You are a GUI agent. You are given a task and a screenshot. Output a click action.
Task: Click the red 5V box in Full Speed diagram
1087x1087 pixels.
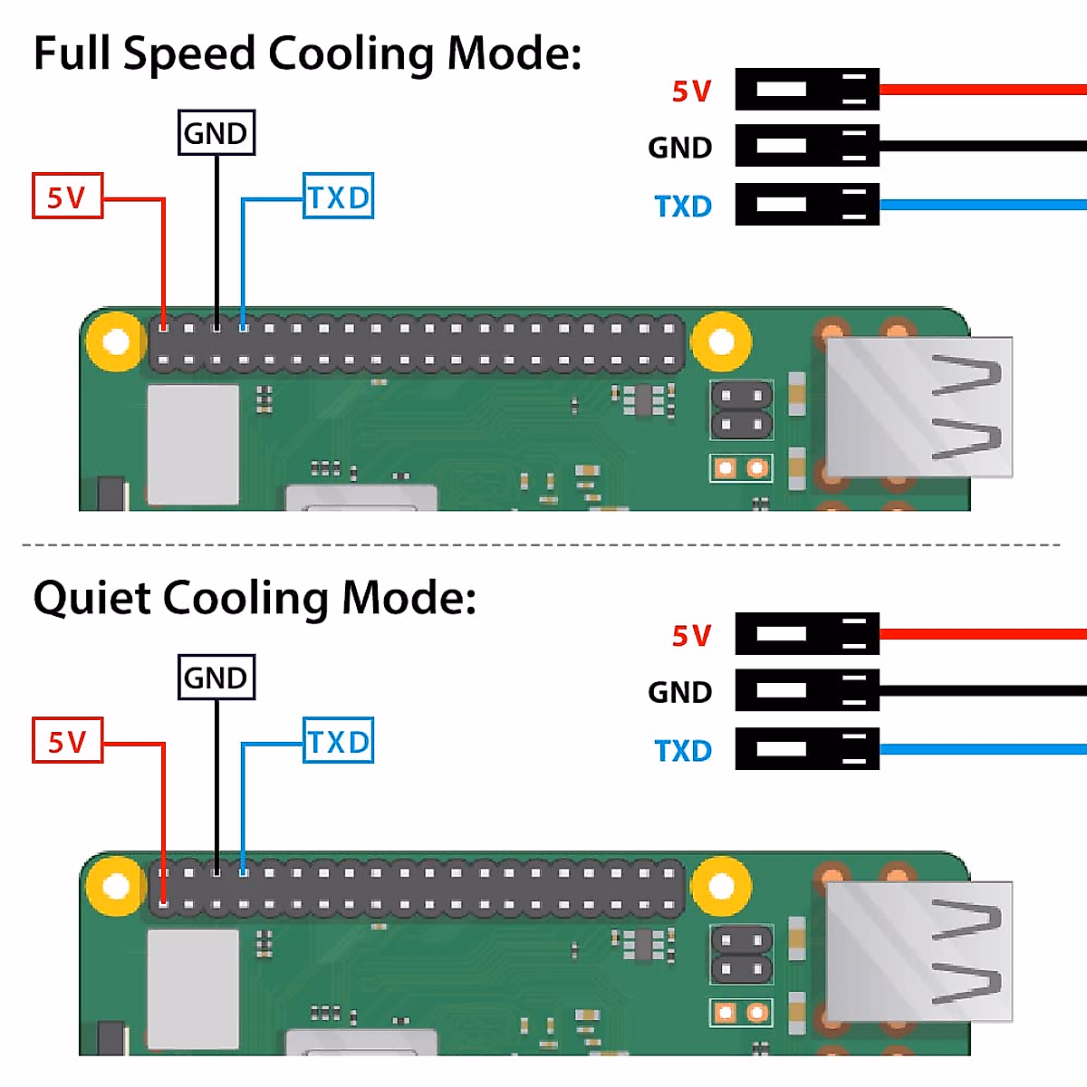(x=67, y=196)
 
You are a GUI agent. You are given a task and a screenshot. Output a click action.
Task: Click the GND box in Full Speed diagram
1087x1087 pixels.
(x=216, y=133)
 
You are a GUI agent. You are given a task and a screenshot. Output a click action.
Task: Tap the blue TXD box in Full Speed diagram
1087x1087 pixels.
(x=338, y=197)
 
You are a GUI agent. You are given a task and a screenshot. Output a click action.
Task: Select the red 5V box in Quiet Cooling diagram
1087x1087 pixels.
(x=67, y=740)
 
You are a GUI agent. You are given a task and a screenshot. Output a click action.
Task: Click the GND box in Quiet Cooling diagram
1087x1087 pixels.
(x=216, y=678)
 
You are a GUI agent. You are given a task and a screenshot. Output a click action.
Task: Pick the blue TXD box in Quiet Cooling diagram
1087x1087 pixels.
(x=338, y=741)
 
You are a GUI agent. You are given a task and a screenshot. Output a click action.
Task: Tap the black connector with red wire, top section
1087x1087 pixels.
(x=806, y=89)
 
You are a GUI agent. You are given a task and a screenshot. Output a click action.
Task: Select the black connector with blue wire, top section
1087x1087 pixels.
(x=806, y=204)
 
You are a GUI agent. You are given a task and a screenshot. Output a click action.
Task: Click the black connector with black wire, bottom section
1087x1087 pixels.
(x=806, y=690)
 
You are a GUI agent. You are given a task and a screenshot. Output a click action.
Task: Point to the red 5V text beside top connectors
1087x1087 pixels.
(x=691, y=91)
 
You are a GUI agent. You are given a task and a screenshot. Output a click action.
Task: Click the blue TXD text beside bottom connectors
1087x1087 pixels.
(x=683, y=751)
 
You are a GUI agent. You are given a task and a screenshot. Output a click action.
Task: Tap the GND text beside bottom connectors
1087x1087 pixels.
(x=679, y=693)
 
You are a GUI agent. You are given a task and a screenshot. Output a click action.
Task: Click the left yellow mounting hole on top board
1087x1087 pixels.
(x=116, y=342)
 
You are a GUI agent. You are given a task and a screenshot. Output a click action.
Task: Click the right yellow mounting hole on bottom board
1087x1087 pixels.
(x=722, y=886)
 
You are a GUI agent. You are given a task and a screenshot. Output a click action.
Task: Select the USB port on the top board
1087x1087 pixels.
(x=919, y=408)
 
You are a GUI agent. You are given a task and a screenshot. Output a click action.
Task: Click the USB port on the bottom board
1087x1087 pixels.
(x=919, y=951)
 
